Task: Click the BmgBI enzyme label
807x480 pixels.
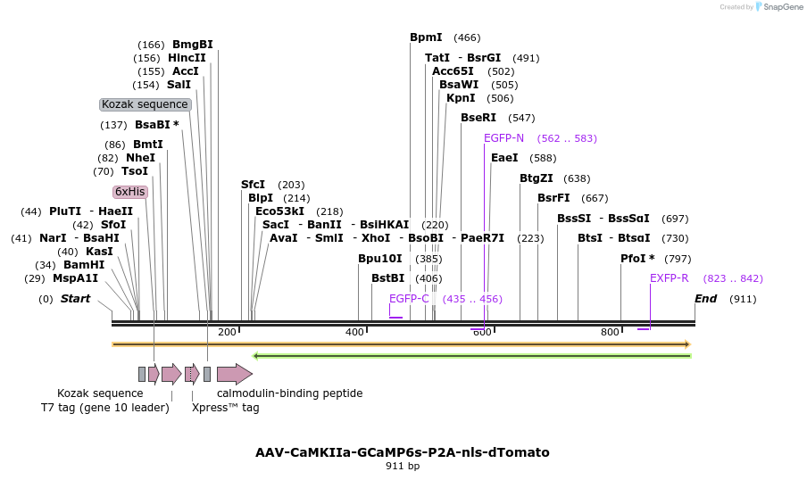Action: tap(192, 45)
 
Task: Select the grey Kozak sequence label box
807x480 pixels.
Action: tap(145, 104)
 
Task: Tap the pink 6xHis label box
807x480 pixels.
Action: tap(129, 192)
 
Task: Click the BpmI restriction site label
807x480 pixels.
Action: tap(426, 37)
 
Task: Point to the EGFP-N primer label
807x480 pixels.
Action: tap(503, 138)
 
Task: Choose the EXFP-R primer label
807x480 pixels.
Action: tap(669, 278)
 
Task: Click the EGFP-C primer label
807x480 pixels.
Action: tap(409, 299)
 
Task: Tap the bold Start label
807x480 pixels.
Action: tap(75, 299)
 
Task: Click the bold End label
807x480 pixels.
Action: tap(705, 299)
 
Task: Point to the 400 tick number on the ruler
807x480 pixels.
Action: tap(354, 332)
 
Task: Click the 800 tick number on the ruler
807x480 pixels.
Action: tap(610, 332)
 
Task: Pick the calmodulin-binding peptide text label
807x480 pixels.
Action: tap(289, 393)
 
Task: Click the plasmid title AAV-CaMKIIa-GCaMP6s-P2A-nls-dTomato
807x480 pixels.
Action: tap(403, 452)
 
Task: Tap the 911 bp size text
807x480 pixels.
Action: tap(403, 466)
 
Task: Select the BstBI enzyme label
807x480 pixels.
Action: tap(387, 278)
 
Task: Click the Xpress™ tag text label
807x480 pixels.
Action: tap(225, 408)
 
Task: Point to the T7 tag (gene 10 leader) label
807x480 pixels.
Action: tap(104, 408)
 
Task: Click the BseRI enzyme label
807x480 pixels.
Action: tap(478, 118)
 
